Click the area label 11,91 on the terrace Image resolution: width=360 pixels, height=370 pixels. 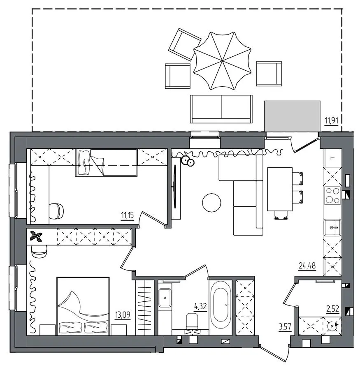[332, 121]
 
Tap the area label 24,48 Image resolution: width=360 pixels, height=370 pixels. [307, 266]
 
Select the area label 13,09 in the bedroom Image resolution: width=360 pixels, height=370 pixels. [123, 315]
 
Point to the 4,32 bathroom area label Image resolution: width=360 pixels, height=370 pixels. [200, 307]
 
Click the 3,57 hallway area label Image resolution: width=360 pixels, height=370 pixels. [285, 326]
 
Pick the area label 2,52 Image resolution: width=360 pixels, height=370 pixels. [332, 309]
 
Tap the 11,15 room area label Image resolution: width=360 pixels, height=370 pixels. [127, 215]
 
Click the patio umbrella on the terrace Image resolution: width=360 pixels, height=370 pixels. [222, 61]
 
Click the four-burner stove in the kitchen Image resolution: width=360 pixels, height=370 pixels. [332, 195]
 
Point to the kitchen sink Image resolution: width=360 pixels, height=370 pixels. [332, 227]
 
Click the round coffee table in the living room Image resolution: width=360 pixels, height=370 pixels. [211, 202]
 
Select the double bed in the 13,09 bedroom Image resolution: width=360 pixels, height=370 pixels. [83, 306]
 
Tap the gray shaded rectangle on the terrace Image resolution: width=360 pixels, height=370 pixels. [292, 116]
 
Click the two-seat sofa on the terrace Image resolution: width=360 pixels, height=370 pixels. [221, 109]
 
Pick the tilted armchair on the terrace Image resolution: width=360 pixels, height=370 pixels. [185, 44]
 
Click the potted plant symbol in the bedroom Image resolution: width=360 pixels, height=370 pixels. [36, 236]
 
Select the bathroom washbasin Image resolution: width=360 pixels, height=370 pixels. [165, 298]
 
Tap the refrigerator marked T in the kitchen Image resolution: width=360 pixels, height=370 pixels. [332, 157]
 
